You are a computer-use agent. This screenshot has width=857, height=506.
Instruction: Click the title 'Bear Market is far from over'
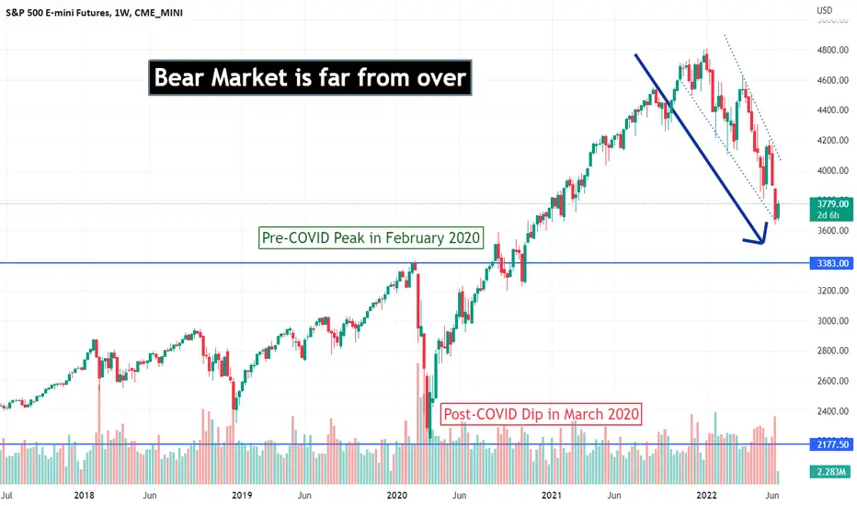(310, 77)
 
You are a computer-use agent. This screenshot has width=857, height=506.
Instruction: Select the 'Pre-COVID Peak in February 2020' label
(371, 238)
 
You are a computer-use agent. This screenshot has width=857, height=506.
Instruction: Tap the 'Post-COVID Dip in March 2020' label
(541, 414)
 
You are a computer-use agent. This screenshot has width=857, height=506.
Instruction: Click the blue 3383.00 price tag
(832, 263)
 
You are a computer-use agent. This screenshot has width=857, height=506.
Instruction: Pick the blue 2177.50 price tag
(832, 444)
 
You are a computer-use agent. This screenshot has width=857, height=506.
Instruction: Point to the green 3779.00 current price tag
(832, 209)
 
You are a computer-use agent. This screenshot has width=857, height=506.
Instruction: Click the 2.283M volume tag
(832, 472)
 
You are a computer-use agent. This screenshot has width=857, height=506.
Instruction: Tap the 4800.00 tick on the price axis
(833, 51)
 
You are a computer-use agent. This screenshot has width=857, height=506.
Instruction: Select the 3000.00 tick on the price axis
(833, 320)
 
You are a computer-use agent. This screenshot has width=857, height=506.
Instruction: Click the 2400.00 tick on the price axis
(833, 411)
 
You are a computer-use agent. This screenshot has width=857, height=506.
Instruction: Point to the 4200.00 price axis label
(833, 140)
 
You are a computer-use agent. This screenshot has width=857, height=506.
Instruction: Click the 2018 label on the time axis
(84, 495)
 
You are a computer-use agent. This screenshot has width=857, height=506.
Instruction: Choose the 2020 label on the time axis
(397, 495)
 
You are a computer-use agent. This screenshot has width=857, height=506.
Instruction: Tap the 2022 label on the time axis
(706, 495)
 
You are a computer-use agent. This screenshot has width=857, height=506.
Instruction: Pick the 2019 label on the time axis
(242, 495)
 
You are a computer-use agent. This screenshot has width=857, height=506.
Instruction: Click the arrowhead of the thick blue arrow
(761, 239)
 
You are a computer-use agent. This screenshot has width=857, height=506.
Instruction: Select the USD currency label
(825, 10)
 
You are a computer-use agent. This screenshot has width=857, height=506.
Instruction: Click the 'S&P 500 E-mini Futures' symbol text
(56, 12)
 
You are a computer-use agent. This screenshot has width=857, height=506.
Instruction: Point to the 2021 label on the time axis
(552, 495)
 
